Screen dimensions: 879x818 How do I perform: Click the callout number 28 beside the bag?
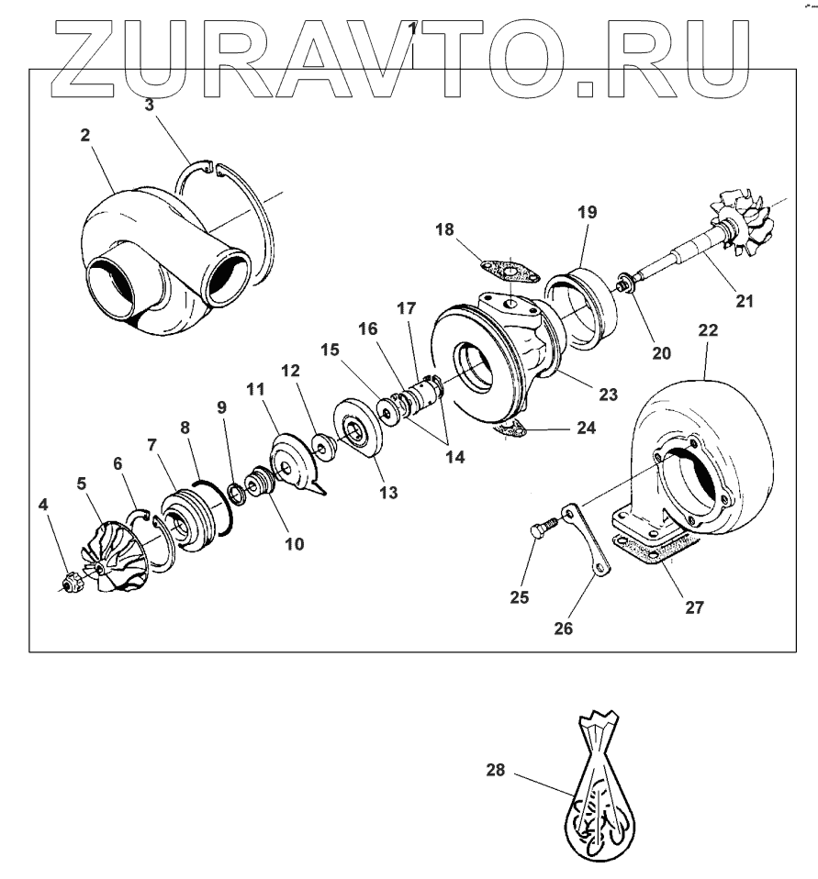[496, 772]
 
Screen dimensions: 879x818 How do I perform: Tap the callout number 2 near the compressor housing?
[84, 135]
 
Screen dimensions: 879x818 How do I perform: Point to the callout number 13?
[388, 493]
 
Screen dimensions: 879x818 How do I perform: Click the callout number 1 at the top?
[413, 28]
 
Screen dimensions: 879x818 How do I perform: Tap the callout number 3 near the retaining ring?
[150, 105]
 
